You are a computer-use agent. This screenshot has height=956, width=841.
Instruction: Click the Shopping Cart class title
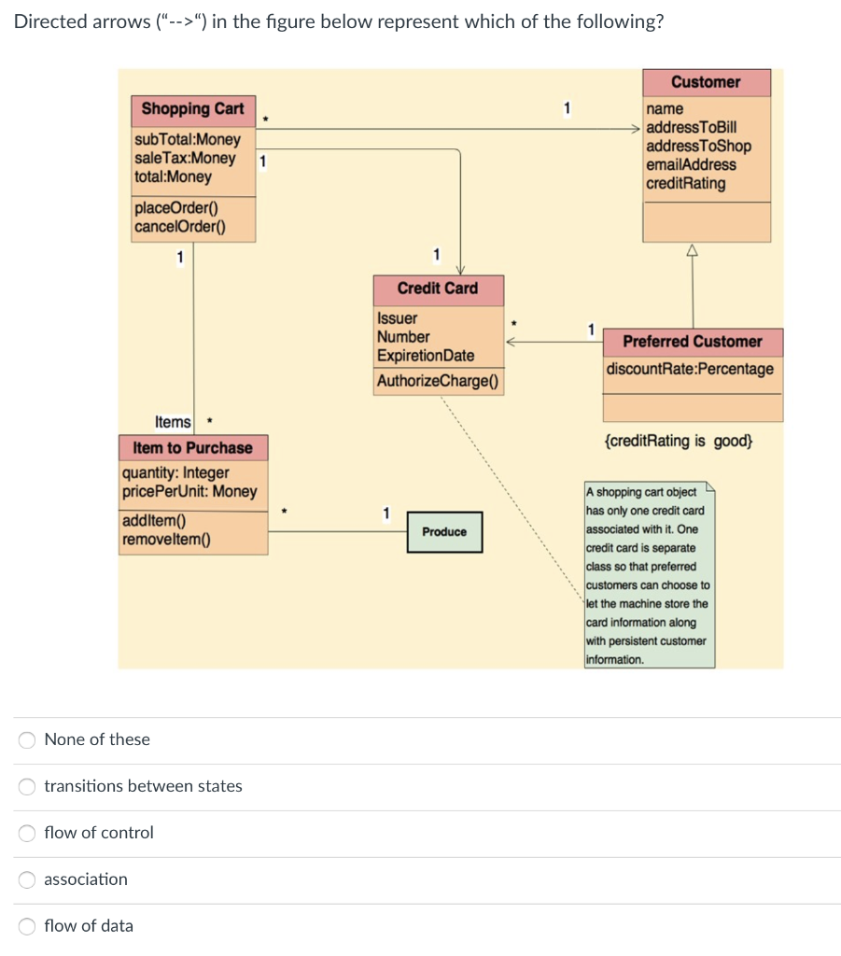click(192, 109)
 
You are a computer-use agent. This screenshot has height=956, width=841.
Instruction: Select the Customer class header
click(706, 82)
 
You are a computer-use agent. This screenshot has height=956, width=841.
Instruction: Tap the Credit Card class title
click(437, 288)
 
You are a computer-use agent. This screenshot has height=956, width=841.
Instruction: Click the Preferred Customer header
click(693, 342)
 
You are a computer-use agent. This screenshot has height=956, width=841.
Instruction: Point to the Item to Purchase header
click(192, 448)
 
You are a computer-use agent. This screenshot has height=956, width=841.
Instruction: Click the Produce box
click(444, 532)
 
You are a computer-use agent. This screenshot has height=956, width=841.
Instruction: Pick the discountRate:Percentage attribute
click(690, 369)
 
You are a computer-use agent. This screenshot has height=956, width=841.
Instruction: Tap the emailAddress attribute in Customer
click(691, 165)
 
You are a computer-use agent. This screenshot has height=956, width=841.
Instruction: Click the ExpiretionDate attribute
click(426, 356)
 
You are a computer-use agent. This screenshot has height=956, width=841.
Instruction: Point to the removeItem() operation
click(166, 539)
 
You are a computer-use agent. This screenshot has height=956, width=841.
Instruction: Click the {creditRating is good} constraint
click(678, 441)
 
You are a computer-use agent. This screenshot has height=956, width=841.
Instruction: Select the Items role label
click(173, 423)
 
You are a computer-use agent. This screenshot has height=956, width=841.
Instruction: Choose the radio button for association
click(28, 879)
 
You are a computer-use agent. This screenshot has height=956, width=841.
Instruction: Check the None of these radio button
click(28, 739)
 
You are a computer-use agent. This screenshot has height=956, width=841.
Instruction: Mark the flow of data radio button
click(28, 926)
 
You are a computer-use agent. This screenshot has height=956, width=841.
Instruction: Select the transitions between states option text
click(143, 786)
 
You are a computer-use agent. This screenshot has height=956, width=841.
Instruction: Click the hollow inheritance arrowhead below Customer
click(693, 249)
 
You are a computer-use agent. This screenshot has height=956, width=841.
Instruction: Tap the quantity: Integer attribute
click(175, 473)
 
